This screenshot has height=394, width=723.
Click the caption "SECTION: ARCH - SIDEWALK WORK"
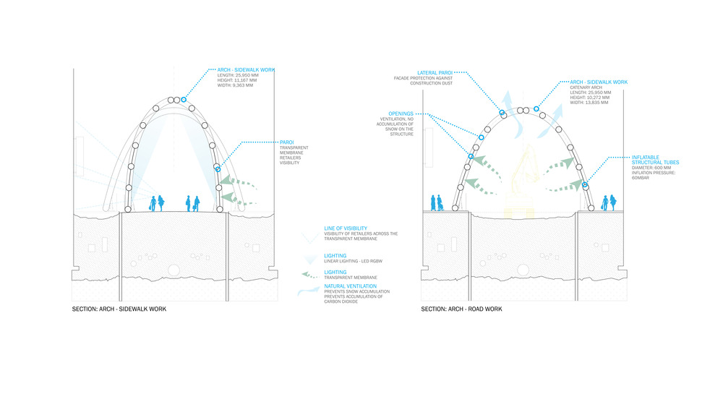tap(119, 309)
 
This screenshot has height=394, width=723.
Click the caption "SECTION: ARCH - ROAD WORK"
tap(462, 309)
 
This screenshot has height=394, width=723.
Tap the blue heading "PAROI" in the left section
tap(286, 142)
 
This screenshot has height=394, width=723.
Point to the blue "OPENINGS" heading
tap(400, 114)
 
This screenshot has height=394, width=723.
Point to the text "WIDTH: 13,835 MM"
tap(589, 103)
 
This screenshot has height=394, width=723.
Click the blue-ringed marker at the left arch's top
tap(184, 99)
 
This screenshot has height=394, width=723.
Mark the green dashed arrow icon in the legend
tap(310, 274)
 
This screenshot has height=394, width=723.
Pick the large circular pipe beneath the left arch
tap(173, 270)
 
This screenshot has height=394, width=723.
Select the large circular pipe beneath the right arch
tap(523, 270)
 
